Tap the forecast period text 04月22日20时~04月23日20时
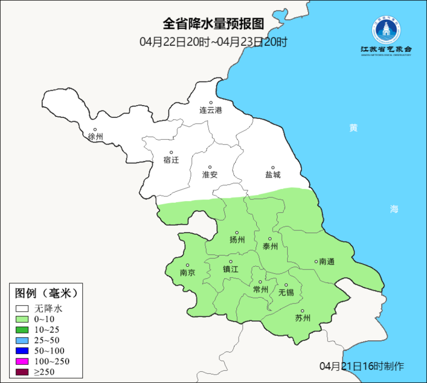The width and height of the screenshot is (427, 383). coord(213,42)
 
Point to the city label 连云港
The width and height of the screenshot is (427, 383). coord(211,110)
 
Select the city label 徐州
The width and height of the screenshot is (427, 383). coord(95,137)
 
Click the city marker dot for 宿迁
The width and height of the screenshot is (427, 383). coord(171,153)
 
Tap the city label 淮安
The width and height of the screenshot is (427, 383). coord(210,175)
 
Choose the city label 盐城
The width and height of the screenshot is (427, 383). coord(273,175)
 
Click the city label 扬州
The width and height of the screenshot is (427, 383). coord(237,240)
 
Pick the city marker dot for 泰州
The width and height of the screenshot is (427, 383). coord(270,239)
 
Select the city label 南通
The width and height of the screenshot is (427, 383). coord(327,262)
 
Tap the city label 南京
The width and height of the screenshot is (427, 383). coord(187,273)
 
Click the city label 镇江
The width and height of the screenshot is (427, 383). coord(231,269)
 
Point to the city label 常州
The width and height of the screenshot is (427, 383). coord(261,290)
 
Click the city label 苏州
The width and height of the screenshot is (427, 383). coord(303,318)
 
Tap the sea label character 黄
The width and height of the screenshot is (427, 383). coord(353,128)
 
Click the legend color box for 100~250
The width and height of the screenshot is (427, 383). coord(22,361)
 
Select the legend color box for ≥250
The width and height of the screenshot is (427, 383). coord(22,372)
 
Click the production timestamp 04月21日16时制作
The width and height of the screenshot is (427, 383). coord(362,366)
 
